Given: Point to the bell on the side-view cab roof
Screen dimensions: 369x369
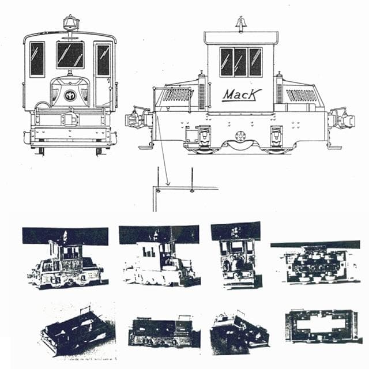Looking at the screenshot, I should tap(240, 25).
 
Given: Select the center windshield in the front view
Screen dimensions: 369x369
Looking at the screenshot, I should tap(70, 55).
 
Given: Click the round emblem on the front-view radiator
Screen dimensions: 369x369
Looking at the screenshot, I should tap(70, 95).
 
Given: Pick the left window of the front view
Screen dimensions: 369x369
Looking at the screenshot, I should tap(37, 59).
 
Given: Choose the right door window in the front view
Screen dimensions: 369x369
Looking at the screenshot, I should tap(104, 59).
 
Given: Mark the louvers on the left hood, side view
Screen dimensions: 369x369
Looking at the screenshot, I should tap(178, 95).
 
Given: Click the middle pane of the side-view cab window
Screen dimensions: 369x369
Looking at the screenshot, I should tap(240, 62).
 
